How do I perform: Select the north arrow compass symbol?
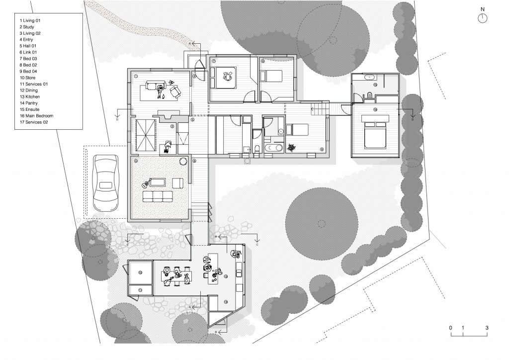coord(482,18)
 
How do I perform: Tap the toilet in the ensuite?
coord(370,94)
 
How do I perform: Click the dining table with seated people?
coord(176,276)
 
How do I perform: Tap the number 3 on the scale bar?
coord(487,328)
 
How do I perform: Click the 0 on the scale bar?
coord(450,328)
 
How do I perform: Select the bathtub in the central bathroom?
coord(274,148)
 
